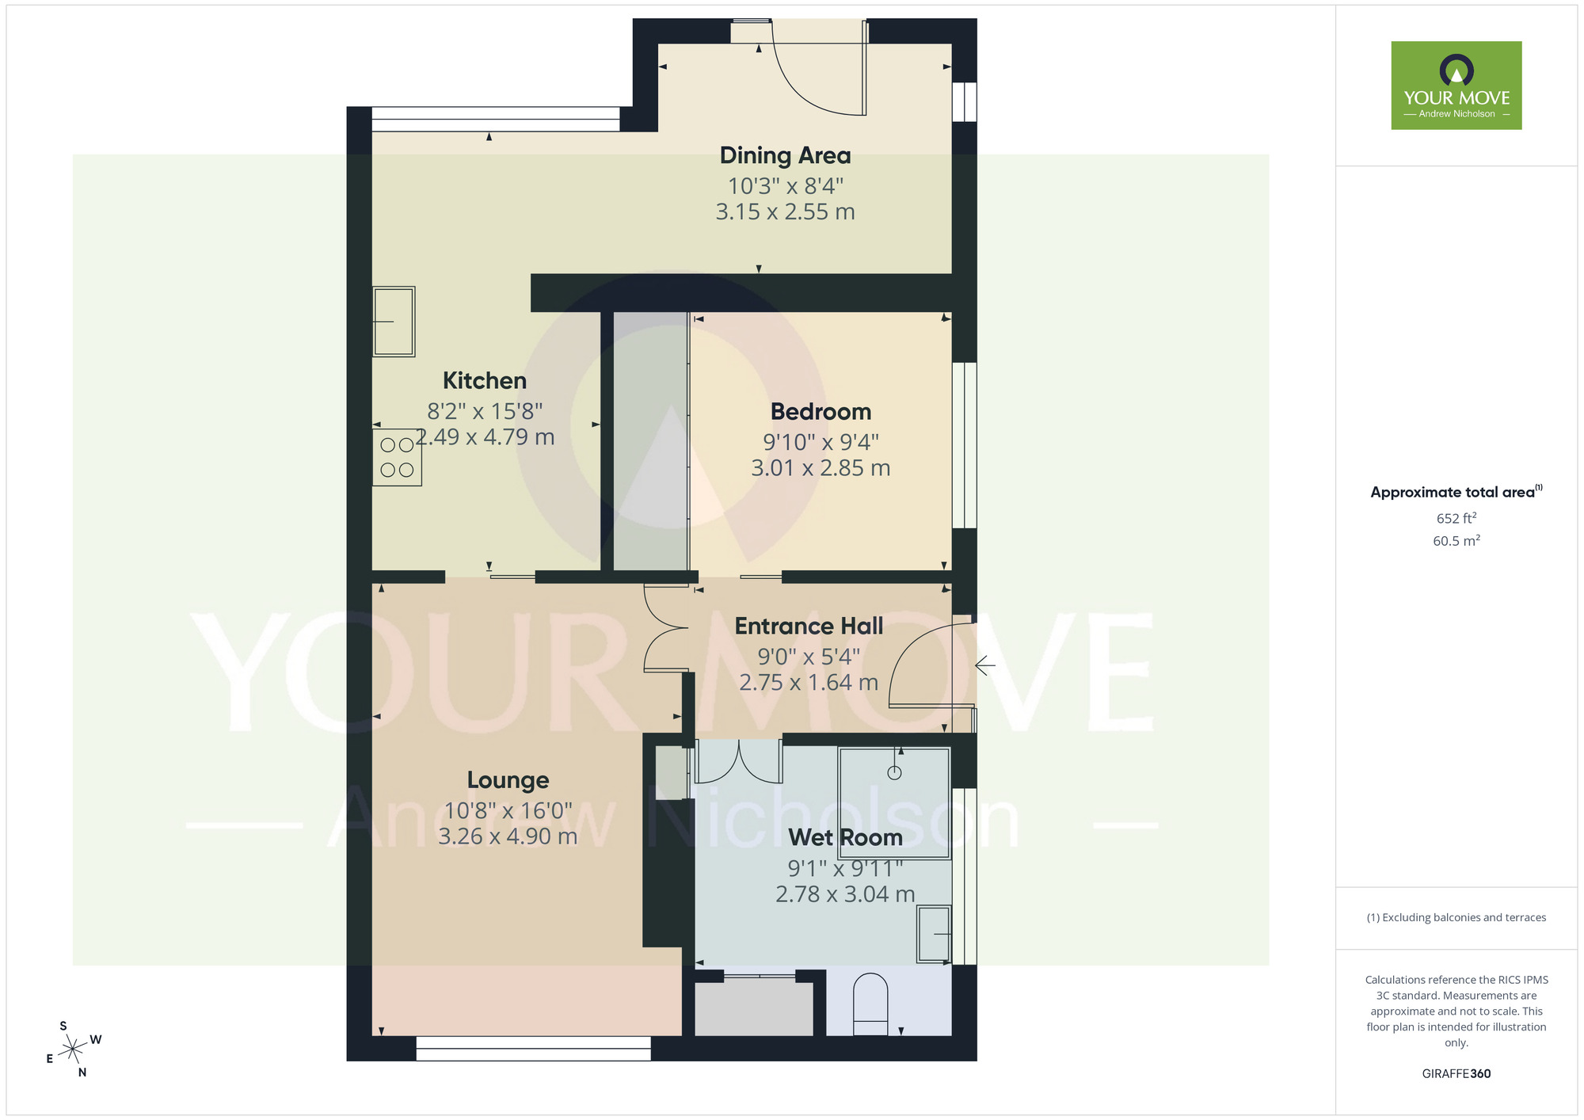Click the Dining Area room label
point(785,156)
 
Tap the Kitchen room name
point(484,381)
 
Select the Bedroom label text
point(821,412)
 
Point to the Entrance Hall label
point(809,627)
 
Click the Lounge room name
point(508,781)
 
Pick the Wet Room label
point(845,838)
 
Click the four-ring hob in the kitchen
point(397,458)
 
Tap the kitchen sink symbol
point(394,322)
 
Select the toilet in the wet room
point(870,1004)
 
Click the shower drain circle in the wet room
point(894,773)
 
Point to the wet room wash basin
point(934,935)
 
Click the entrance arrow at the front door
point(984,666)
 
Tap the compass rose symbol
point(73,1050)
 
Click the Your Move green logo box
point(1456,86)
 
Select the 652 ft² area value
point(1456,519)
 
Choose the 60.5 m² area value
point(1456,542)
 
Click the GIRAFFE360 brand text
point(1456,1074)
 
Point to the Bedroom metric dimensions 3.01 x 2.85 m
point(821,469)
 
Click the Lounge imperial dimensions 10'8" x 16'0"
point(508,811)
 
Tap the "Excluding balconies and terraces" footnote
point(1456,918)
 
